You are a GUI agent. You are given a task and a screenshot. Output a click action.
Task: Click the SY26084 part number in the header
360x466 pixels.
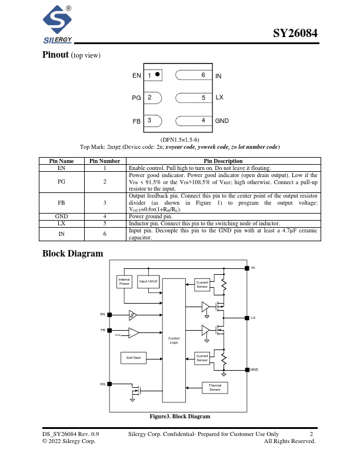[x=295, y=34]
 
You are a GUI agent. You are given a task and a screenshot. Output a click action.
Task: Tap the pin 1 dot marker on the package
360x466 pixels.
[x=158, y=75]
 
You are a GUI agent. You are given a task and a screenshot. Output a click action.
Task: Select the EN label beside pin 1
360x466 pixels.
[x=136, y=76]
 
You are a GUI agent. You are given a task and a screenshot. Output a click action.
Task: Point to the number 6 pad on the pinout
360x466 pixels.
[x=203, y=75]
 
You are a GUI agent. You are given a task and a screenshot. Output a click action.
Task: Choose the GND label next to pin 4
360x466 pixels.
[x=222, y=121]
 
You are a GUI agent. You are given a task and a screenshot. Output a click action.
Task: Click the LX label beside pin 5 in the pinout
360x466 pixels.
[x=219, y=97]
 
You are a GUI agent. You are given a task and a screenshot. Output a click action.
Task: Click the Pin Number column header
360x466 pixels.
[x=105, y=161]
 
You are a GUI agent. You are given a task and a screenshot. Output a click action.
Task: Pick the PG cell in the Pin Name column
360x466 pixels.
[x=61, y=182]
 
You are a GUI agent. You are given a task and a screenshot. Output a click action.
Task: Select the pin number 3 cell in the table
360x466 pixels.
[x=105, y=202]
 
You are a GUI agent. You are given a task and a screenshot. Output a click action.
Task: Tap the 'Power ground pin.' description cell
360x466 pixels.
[x=224, y=216]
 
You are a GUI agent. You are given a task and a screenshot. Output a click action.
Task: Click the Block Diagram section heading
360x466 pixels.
[x=73, y=254]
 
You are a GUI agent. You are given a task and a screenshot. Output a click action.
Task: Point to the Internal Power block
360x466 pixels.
[x=124, y=282]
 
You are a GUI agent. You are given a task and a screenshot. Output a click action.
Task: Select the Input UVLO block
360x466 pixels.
[x=148, y=282]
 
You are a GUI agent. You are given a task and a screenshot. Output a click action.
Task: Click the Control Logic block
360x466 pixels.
[x=174, y=340]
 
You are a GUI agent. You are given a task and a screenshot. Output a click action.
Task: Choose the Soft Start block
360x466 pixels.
[x=134, y=358]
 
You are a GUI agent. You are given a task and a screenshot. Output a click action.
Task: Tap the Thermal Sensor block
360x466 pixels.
[x=215, y=388]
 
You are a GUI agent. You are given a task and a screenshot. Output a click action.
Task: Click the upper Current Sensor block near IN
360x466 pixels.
[x=202, y=284]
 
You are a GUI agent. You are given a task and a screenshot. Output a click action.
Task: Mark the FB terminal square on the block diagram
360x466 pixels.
[x=109, y=331]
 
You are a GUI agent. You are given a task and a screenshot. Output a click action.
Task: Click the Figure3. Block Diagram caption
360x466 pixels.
[x=180, y=416]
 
